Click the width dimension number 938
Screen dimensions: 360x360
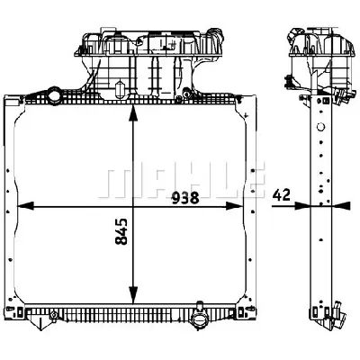(186, 197)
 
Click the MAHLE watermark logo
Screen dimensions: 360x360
(184, 181)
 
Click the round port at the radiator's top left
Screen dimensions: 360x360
(56, 94)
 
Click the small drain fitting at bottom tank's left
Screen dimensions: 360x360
(54, 315)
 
